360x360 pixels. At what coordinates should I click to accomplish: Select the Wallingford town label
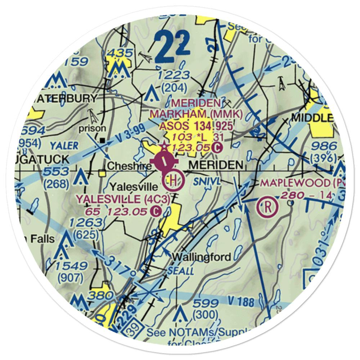point(201,257)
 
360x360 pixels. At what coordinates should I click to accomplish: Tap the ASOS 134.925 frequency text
point(196,126)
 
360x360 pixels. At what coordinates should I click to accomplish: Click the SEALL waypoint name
point(181,270)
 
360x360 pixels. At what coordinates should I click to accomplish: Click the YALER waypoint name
point(64,145)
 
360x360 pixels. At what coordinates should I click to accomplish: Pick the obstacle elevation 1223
point(175,75)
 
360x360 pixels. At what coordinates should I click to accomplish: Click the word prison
point(93,128)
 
